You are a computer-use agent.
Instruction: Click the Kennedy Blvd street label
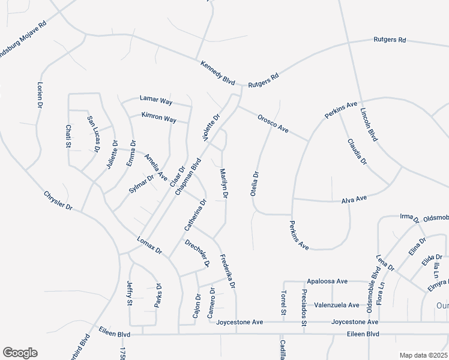pos(217,71)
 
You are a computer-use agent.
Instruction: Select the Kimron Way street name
pos(158,118)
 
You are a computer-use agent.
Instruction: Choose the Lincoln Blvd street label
pos(369,125)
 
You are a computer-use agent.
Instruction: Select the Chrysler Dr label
pos(58,200)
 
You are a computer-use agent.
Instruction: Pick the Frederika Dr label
pos(227,270)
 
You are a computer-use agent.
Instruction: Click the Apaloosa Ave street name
pos(327,281)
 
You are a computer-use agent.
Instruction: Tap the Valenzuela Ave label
pos(337,305)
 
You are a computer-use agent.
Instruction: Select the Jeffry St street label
pos(129,295)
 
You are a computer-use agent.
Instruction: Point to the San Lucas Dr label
pos(92,134)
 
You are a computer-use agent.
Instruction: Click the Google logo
pos(20,353)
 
